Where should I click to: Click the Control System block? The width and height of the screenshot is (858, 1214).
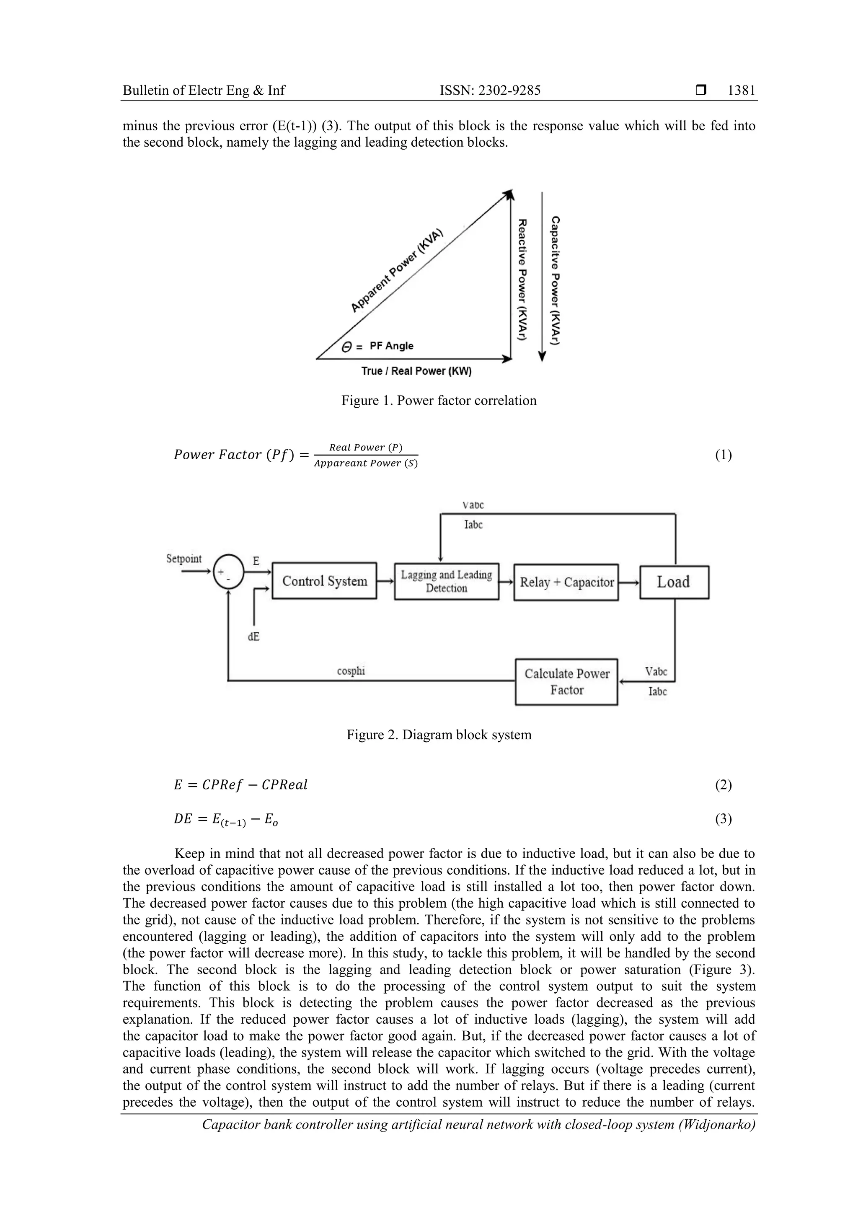click(324, 581)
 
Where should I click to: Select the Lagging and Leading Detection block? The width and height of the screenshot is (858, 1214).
click(446, 581)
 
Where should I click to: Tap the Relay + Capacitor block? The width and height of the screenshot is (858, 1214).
click(566, 582)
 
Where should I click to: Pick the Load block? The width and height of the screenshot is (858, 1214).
click(674, 582)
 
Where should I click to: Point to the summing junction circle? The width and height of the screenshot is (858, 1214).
click(228, 572)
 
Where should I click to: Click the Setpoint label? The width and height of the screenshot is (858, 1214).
click(183, 559)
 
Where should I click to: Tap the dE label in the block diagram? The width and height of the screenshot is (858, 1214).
click(254, 637)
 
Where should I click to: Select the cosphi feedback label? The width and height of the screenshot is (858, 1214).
click(351, 671)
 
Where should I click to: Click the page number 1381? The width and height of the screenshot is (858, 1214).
click(741, 91)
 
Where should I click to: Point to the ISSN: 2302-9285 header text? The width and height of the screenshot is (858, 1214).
click(490, 91)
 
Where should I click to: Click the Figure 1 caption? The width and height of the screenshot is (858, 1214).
click(439, 400)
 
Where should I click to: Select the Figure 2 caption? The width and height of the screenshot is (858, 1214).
click(439, 735)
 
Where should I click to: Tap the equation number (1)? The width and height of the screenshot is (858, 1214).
click(723, 455)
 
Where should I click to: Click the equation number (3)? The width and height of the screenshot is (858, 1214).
click(723, 819)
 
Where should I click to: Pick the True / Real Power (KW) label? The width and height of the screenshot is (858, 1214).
click(416, 371)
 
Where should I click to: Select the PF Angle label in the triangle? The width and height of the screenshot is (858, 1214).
click(391, 346)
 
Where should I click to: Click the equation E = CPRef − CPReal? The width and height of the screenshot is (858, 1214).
click(240, 784)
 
